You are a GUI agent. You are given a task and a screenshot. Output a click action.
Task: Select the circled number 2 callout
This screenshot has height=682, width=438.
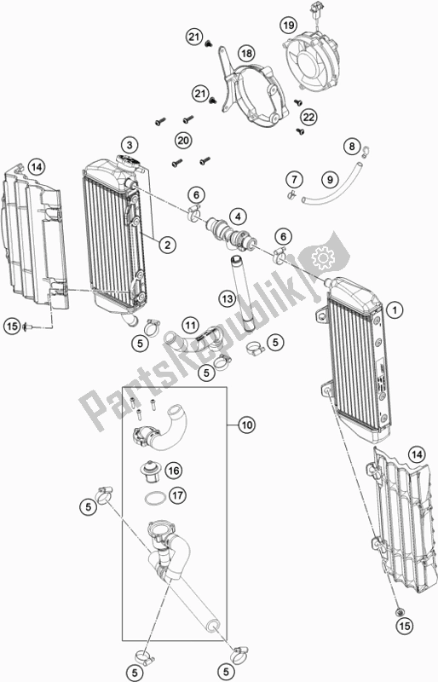[x=168, y=245]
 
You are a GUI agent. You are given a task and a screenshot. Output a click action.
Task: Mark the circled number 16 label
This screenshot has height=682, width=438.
[x=174, y=470]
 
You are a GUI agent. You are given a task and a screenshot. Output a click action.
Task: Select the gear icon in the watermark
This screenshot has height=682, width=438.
[x=323, y=255]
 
